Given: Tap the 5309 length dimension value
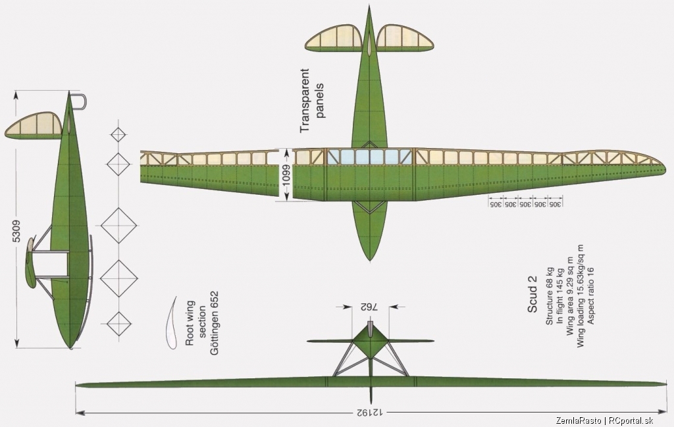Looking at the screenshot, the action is coord(16,231).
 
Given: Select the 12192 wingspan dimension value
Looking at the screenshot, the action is coord(370,413).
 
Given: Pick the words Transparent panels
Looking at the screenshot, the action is coord(311,100).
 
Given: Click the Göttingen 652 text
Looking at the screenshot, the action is coord(214,323).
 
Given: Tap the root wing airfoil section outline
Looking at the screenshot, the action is coord(170,322).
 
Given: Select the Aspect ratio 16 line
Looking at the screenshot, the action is coord(590,295).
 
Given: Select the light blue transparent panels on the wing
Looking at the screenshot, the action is coord(370,157).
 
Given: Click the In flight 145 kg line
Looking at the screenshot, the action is coord(559,296).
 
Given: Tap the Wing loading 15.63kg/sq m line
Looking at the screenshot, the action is coord(580,296).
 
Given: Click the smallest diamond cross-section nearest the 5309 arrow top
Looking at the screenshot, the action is coord(118,135).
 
